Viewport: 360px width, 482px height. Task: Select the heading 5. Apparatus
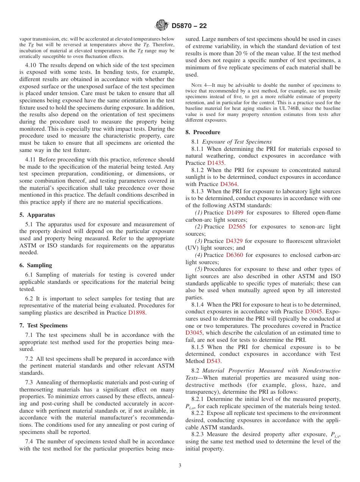click(37, 215)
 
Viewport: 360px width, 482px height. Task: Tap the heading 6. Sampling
click(36, 265)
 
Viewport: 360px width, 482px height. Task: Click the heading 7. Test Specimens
click(44, 326)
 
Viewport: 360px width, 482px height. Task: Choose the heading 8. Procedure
click(203, 132)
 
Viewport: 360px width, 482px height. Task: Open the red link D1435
click(216, 163)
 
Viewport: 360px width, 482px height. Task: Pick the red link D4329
click(234, 241)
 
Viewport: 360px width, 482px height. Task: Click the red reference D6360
click(234, 255)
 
